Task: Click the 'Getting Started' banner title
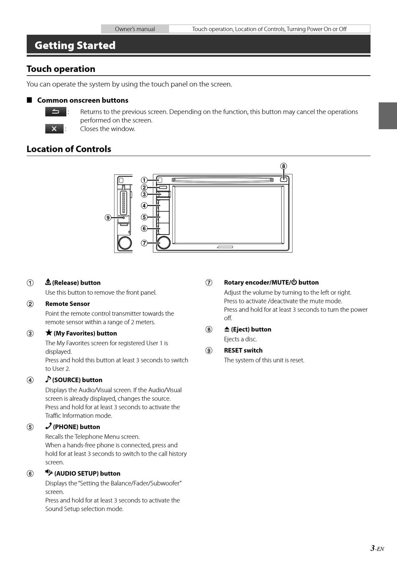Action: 75,45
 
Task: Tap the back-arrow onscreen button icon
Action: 56,112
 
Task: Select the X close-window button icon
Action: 54,129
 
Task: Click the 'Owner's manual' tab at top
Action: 135,29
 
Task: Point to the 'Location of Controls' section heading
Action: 69,149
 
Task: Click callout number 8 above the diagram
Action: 283,166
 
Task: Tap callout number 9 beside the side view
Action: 108,217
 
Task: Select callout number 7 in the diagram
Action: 144,243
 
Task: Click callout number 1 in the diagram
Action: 144,180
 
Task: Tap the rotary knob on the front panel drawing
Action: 164,242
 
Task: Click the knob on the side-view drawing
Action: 125,243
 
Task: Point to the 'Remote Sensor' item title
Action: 67,303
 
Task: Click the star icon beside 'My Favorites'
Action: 49,333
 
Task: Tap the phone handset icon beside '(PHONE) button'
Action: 48,426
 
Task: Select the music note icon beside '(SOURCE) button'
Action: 48,379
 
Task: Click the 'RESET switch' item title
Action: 243,350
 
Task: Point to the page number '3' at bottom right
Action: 372,548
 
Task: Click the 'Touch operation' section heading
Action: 61,69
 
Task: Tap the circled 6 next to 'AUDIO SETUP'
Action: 30,473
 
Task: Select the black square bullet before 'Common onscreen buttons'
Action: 29,100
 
